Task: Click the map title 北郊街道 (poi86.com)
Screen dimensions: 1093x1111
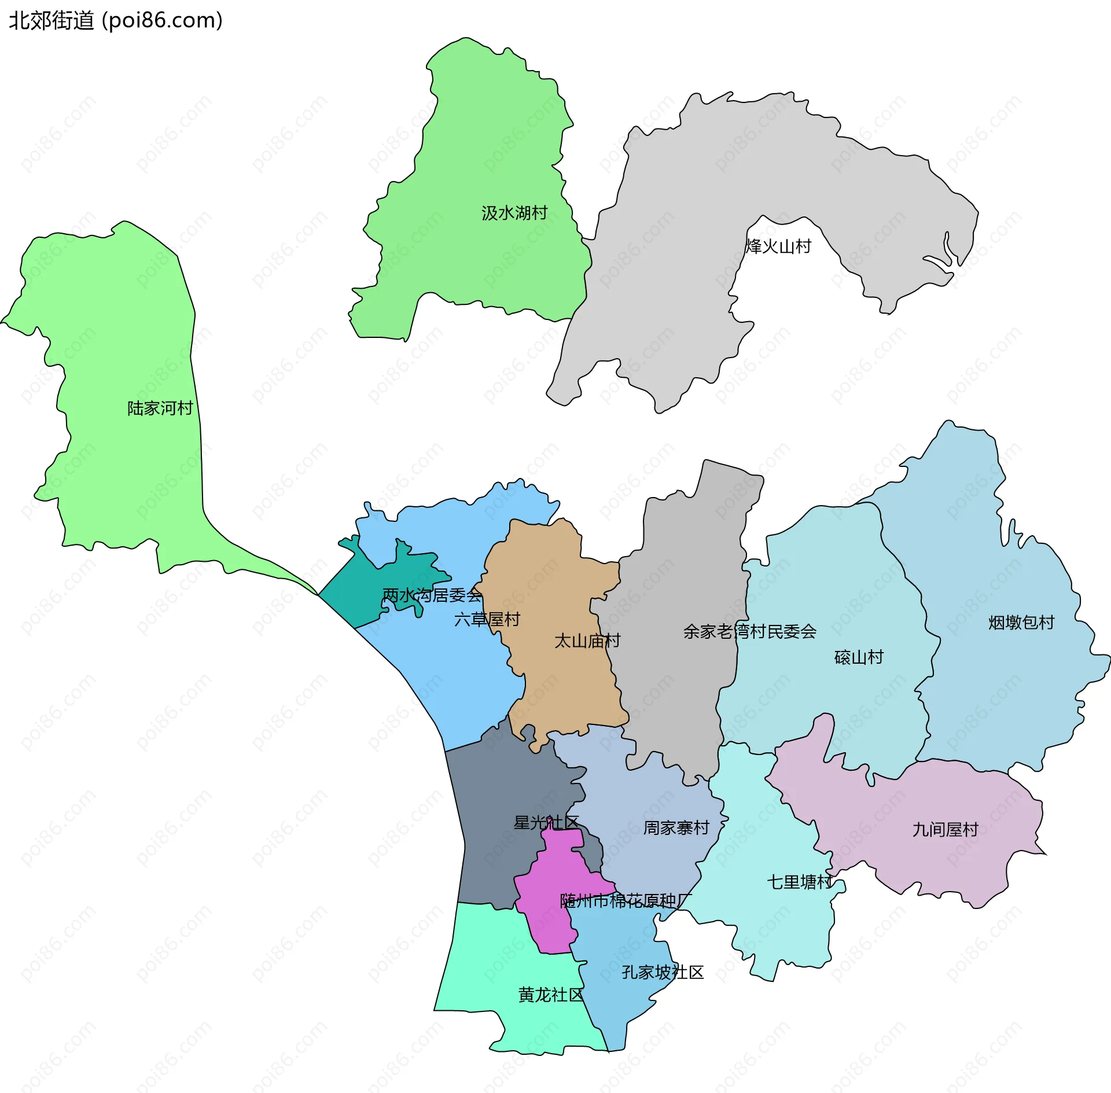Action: pos(116,21)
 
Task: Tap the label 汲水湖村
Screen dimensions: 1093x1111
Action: pos(514,213)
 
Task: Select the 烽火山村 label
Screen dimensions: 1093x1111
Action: pos(778,246)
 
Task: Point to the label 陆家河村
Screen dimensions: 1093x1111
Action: pos(160,409)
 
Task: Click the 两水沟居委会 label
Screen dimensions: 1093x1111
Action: pos(432,595)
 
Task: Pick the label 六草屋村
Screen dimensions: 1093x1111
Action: pos(487,620)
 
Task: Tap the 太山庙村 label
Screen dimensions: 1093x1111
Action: pos(587,641)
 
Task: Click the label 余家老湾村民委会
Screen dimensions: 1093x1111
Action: pos(749,632)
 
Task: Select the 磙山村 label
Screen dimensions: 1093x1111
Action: pos(859,657)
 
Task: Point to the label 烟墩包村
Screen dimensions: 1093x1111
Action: pos(1021,623)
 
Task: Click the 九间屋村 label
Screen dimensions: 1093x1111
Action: pos(945,830)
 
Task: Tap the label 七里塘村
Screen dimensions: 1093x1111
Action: pos(800,882)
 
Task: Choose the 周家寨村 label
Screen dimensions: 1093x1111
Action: pos(676,828)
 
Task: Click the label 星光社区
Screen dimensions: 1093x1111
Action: pos(546,822)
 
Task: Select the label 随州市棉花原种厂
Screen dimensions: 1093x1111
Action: pos(626,901)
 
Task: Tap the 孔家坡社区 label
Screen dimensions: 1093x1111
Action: pos(663,973)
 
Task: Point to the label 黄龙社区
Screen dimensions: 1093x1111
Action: pos(551,995)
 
